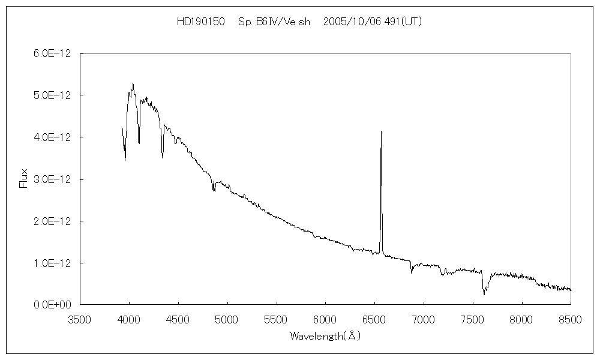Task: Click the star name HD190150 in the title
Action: (x=200, y=22)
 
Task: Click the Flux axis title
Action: (x=24, y=179)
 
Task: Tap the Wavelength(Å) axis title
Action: (x=325, y=336)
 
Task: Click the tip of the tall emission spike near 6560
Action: (x=381, y=131)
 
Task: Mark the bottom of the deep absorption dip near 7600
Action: (x=484, y=295)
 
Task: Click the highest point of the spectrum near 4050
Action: (x=133, y=83)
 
